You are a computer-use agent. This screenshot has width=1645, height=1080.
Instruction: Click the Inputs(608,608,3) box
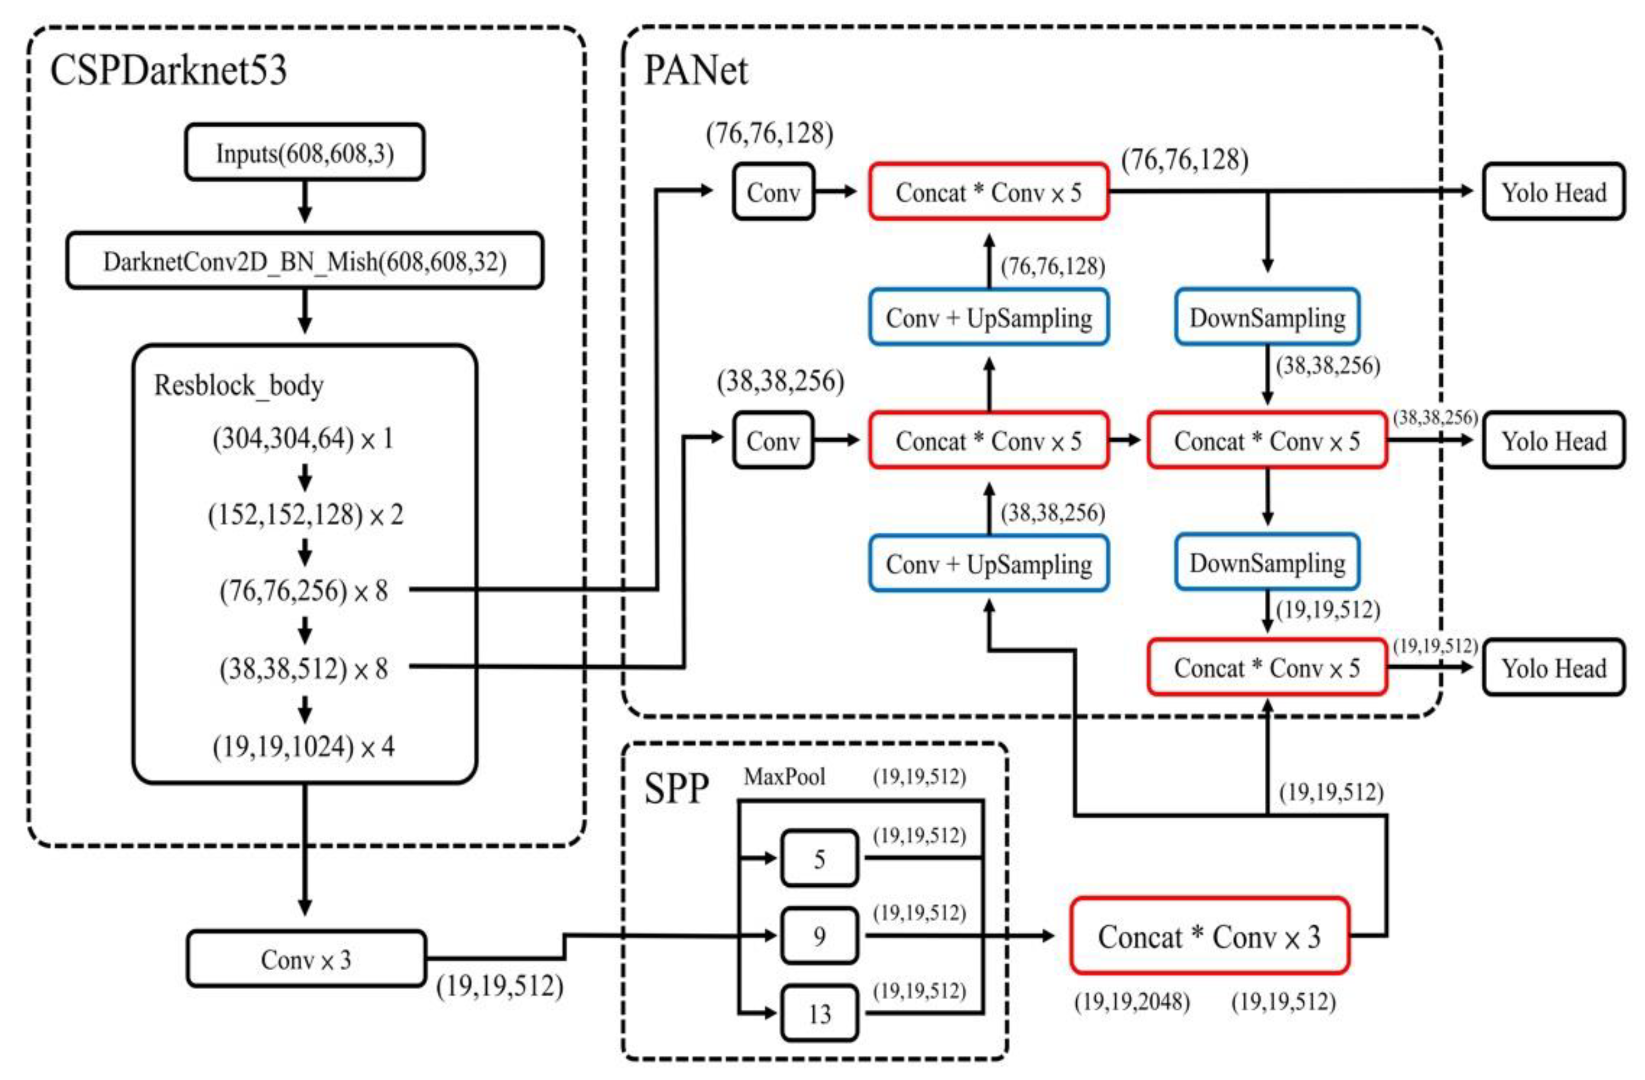(304, 153)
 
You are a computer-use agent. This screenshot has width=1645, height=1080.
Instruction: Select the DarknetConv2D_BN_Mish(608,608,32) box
(304, 261)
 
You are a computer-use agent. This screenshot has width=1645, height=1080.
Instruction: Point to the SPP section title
(676, 789)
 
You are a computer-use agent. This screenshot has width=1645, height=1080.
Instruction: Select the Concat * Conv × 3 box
(1209, 937)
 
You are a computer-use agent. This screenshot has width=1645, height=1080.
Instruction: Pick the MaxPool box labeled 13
(819, 1013)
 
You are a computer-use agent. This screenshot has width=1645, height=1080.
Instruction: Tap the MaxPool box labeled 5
(819, 859)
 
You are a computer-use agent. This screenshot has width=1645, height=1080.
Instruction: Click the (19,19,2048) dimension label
(1132, 1001)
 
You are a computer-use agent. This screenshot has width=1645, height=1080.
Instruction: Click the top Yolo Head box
(1553, 192)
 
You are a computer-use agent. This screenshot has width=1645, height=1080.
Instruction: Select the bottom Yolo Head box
(1553, 668)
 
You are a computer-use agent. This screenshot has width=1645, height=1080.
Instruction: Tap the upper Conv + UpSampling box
(989, 318)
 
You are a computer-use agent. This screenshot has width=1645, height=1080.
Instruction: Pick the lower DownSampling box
(1267, 563)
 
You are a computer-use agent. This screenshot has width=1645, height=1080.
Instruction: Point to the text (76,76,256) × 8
(304, 591)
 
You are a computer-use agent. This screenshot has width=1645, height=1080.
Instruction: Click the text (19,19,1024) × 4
(304, 746)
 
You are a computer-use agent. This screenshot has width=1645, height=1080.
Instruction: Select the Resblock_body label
(239, 385)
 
